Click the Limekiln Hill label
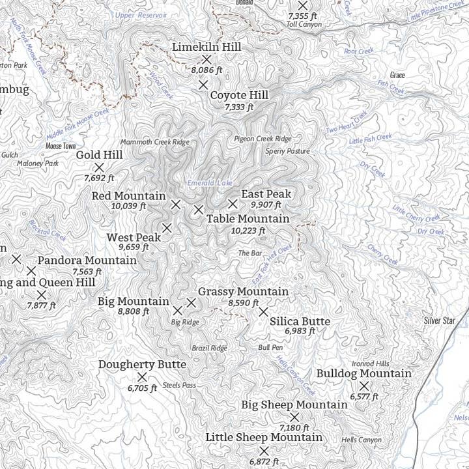click(x=206, y=47)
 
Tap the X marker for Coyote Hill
click(x=203, y=85)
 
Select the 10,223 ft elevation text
click(x=248, y=231)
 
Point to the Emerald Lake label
click(x=210, y=183)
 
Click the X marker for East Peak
click(x=232, y=205)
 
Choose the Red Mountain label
click(x=128, y=195)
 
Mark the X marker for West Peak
click(x=167, y=228)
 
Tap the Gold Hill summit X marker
click(x=100, y=167)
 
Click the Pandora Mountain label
click(x=87, y=261)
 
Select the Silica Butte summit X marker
click(x=263, y=312)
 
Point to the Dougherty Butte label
click(x=142, y=365)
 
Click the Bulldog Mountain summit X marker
click(x=364, y=386)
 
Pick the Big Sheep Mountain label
click(x=294, y=405)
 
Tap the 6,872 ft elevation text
click(x=264, y=461)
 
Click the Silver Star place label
click(x=439, y=320)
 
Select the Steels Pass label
click(x=179, y=386)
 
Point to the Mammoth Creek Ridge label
click(x=154, y=142)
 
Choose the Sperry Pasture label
click(x=288, y=151)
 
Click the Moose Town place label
click(x=61, y=146)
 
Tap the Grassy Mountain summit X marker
click(x=192, y=302)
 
